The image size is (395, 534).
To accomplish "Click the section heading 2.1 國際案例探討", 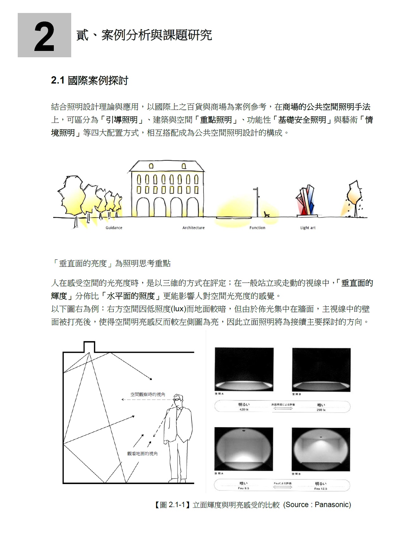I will [90, 81].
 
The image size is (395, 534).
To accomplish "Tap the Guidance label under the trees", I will [114, 228].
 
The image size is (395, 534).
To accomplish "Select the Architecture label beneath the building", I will [193, 228].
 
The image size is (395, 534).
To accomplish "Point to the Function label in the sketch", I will [257, 228].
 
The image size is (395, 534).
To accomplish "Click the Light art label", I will [308, 228].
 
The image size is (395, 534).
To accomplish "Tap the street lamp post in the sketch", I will [256, 202].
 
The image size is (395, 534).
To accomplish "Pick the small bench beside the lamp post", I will [267, 214].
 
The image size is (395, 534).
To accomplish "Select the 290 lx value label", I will [321, 410].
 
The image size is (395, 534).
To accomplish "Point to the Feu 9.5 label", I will [243, 488].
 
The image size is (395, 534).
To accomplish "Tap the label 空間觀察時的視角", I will [148, 394].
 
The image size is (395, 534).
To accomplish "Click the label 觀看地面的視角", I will [142, 454].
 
